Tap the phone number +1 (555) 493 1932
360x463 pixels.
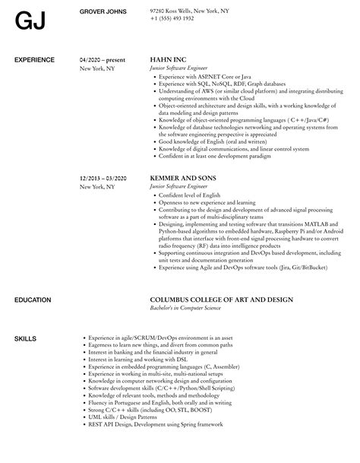pyautogui.click(x=172, y=18)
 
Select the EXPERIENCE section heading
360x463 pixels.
pyautogui.click(x=35, y=59)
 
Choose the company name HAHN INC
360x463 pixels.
pyautogui.click(x=168, y=59)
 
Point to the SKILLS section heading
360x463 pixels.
pyautogui.click(x=25, y=316)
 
